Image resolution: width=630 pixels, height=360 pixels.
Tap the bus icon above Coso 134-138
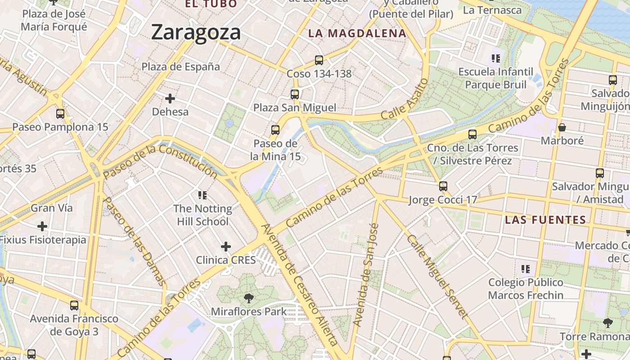(319, 60)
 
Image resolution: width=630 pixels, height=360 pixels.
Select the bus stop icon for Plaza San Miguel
(295, 94)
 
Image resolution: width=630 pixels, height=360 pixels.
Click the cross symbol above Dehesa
(170, 98)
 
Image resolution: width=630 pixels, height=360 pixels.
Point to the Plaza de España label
(181, 67)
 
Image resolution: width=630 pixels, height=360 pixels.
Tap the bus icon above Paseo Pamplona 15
(60, 114)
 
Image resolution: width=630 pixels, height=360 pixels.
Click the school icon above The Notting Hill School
(202, 195)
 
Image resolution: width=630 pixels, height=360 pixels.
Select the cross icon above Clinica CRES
(226, 247)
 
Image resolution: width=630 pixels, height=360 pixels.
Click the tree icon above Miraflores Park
(248, 297)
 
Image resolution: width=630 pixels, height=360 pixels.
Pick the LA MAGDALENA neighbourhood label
(357, 33)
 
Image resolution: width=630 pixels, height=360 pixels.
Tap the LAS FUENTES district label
(545, 220)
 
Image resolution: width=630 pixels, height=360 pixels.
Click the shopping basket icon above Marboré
(562, 127)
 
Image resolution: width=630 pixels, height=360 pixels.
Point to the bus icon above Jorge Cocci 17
(443, 186)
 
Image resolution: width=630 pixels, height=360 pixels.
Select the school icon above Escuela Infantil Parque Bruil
(496, 58)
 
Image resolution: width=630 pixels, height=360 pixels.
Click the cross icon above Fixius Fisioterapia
(42, 226)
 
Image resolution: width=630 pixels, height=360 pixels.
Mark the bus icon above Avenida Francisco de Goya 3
(74, 306)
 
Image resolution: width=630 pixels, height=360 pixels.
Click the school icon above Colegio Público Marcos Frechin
(526, 269)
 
